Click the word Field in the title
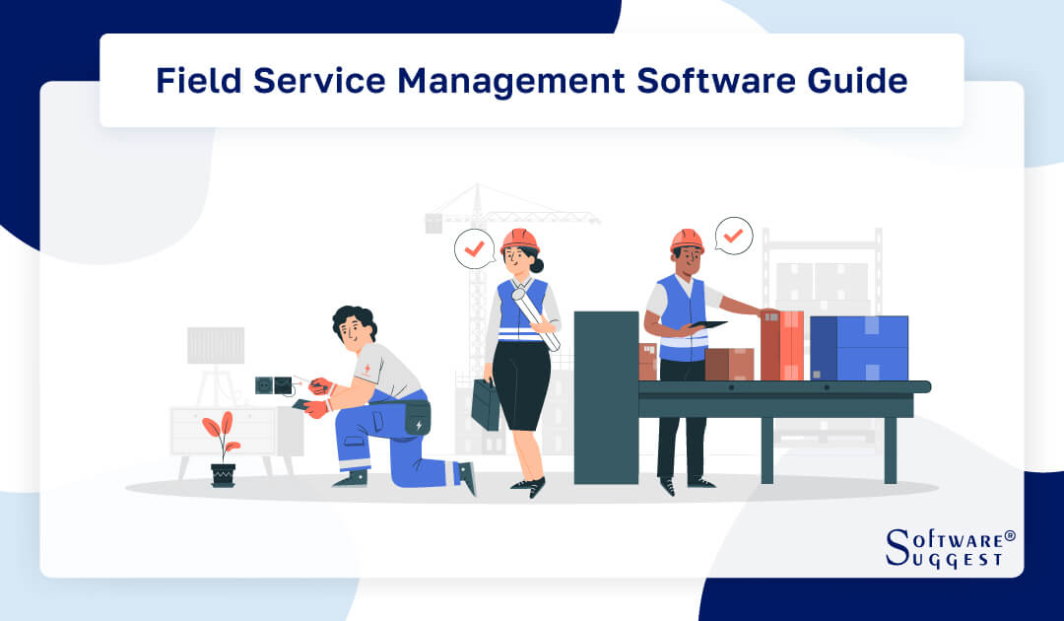coord(198,81)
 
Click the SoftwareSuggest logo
coord(949,547)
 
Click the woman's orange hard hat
coord(519,240)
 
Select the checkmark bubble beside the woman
coord(474,249)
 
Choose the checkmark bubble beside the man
coord(733,236)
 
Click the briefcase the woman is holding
coord(486,404)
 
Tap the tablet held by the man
coord(706,323)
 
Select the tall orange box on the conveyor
coord(782,345)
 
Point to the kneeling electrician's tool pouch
coord(417,418)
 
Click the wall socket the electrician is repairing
coord(273,383)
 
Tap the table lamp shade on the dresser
coord(216,345)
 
